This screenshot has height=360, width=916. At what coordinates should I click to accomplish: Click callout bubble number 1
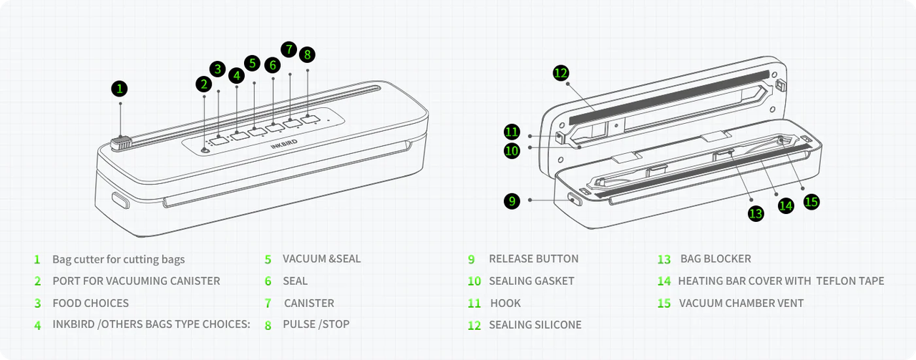(120, 89)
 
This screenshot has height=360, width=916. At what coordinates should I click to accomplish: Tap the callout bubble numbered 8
(307, 54)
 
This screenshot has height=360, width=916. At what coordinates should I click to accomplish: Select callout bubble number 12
(560, 72)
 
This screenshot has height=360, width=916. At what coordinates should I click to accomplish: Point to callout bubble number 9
(511, 201)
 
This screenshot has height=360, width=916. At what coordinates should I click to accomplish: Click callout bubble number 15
(811, 202)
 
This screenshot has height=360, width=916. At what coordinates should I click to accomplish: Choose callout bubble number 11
(511, 132)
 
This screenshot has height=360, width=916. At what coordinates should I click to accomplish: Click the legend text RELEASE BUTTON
(533, 259)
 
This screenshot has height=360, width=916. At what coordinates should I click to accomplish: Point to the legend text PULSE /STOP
(316, 325)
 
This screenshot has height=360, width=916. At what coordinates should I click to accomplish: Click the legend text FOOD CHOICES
(91, 303)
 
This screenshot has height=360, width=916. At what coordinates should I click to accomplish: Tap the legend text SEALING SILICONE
(535, 325)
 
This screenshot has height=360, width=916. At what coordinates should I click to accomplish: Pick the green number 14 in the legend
(664, 281)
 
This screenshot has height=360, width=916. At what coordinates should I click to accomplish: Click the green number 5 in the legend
(268, 260)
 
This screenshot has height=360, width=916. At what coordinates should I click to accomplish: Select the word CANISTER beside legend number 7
(309, 303)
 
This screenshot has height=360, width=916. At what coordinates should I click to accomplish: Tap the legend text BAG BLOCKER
(716, 259)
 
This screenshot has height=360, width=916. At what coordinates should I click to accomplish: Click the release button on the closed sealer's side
(118, 200)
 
